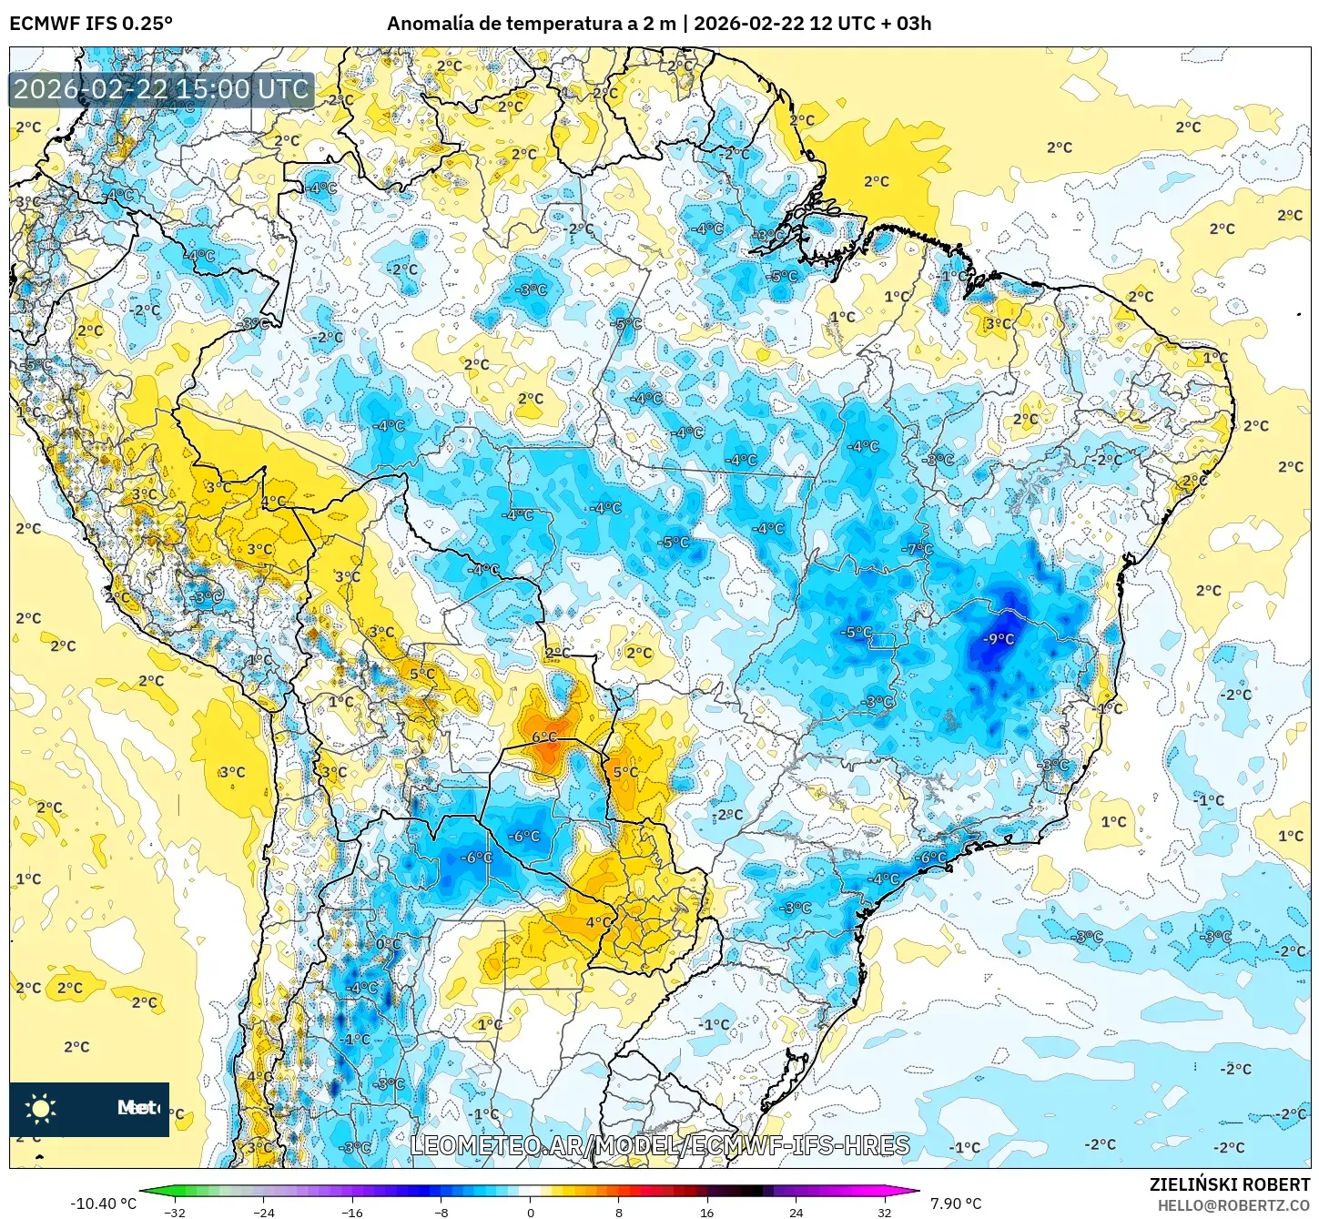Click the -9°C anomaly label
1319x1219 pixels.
999,639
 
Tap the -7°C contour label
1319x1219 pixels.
918,549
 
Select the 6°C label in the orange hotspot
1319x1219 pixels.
544,736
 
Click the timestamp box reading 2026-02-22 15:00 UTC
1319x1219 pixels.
161,89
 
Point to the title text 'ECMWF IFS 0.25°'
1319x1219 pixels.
91,24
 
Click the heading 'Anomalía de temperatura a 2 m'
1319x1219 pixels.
532,24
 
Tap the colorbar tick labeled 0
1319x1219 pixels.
530,1212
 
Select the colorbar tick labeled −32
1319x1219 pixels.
174,1212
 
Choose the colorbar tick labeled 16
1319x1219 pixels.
706,1212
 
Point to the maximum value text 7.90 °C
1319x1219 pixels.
955,1204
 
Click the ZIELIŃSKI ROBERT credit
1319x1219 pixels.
1229,1184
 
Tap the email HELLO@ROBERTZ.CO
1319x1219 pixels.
1233,1205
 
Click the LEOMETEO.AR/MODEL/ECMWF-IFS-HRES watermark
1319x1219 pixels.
660,1145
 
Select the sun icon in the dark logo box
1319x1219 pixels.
41,1108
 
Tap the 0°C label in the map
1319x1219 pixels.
388,944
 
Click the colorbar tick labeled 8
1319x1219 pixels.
619,1212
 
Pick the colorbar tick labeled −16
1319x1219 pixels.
351,1212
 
